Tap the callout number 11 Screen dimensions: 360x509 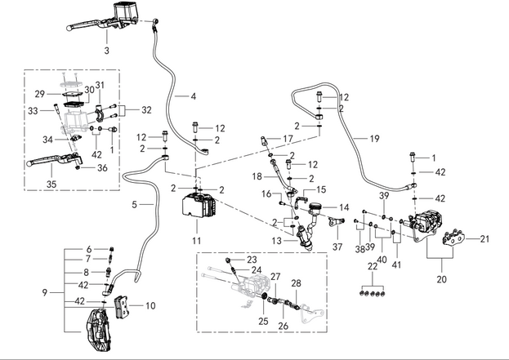pyautogui.click(x=196, y=242)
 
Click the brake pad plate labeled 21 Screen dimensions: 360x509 pyautogui.click(x=453, y=240)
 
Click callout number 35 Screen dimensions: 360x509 pyautogui.click(x=51, y=184)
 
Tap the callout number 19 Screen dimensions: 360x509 pyautogui.click(x=374, y=139)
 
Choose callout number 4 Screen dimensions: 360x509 pyautogui.click(x=193, y=96)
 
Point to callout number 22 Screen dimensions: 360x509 pyautogui.click(x=373, y=267)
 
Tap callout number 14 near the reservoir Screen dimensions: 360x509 pyautogui.click(x=344, y=207)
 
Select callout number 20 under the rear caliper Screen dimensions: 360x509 pyautogui.click(x=443, y=278)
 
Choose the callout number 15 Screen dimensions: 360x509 pyautogui.click(x=321, y=189)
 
